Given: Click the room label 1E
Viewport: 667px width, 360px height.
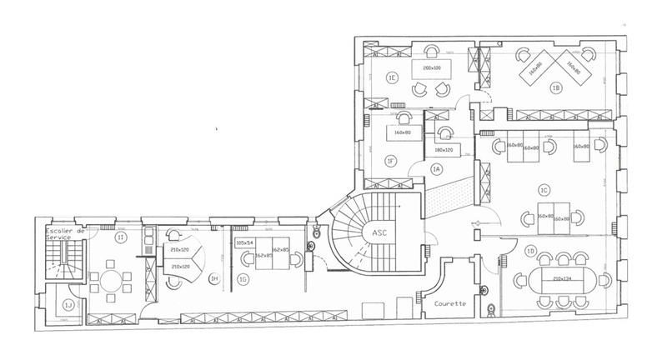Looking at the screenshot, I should coord(390,77).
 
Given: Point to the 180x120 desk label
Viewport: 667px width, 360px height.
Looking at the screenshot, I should coord(444,150).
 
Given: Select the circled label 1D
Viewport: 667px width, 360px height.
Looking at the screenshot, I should coord(530,250).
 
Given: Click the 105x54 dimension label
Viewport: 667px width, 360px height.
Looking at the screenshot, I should coord(245,243).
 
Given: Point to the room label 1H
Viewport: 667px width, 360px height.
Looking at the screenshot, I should coord(214,278).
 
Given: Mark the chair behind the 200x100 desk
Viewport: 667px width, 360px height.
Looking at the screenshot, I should coord(434,48).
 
